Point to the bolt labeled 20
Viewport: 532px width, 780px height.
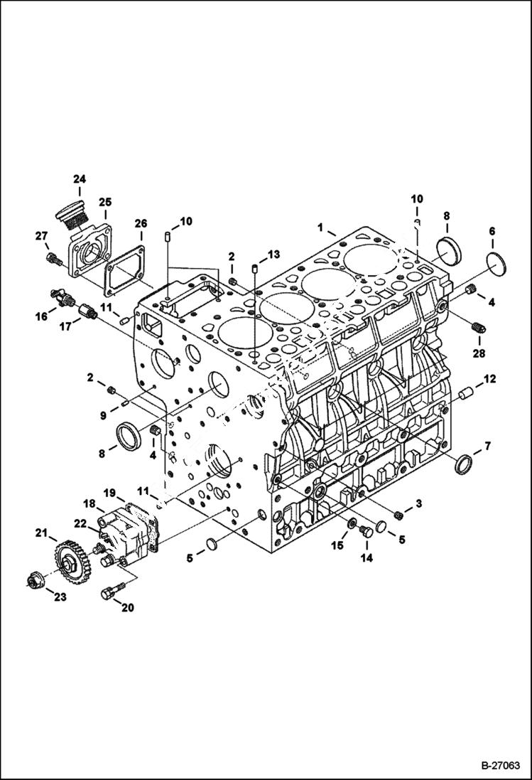coord(114,589)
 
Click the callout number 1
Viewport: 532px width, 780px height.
coord(322,228)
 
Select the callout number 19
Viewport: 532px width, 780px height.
coord(110,493)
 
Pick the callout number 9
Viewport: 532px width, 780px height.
coord(104,415)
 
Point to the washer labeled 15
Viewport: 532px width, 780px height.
coord(350,525)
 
